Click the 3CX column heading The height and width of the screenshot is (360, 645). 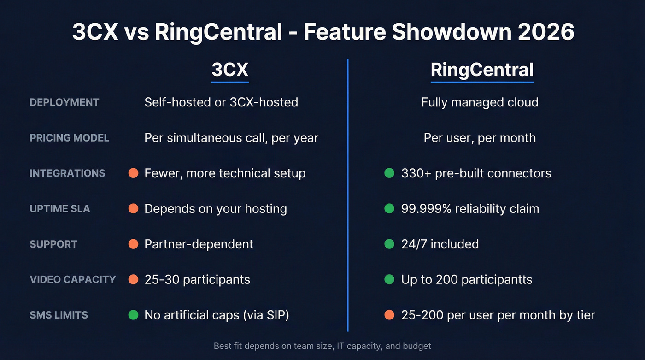point(230,70)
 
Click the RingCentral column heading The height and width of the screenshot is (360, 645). point(482,70)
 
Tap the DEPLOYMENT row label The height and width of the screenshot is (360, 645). point(64,102)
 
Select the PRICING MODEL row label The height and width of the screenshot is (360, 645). point(70,138)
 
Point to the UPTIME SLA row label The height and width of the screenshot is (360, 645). point(60,209)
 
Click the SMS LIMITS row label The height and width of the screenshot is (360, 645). point(59,315)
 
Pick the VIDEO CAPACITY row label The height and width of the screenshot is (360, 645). point(73,280)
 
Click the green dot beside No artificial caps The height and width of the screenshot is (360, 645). point(133,315)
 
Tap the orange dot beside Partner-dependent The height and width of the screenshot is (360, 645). point(133,244)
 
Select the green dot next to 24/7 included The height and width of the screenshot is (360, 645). point(389,244)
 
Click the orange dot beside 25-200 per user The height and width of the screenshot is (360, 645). point(389,315)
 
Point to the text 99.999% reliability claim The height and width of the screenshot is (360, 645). point(470,209)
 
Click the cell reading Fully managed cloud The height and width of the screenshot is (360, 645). point(480,102)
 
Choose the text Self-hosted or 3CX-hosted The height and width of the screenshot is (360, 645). point(221,102)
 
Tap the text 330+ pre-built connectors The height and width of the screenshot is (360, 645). point(476,173)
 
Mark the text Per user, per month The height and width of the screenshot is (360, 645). point(480,138)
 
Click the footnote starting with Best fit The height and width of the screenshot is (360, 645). point(322,346)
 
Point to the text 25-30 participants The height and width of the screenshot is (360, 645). point(197,280)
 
